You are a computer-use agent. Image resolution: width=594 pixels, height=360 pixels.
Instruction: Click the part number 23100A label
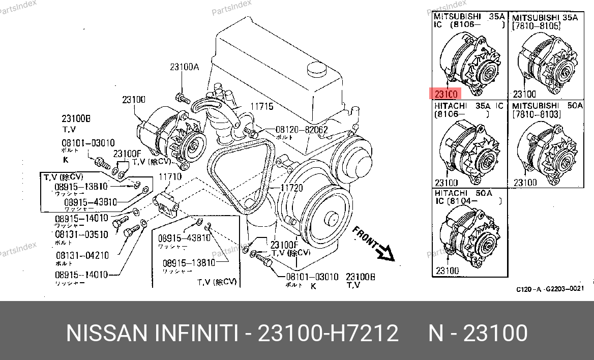(x=184, y=67)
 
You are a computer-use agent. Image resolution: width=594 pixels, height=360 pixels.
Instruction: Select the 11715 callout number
(x=261, y=107)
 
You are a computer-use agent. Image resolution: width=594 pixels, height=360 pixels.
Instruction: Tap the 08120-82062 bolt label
(x=302, y=130)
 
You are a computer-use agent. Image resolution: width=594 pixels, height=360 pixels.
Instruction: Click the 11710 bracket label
(x=170, y=177)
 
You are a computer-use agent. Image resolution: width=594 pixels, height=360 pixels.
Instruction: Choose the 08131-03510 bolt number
(x=81, y=234)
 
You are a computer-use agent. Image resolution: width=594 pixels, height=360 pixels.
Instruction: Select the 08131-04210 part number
(x=81, y=255)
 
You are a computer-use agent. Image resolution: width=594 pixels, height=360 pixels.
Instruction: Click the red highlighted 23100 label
(x=446, y=94)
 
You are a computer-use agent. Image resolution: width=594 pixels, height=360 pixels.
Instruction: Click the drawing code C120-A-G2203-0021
(x=550, y=289)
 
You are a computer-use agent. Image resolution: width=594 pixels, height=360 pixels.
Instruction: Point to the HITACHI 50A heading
(x=463, y=193)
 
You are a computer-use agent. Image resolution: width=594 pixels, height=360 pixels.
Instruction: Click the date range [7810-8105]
(x=536, y=25)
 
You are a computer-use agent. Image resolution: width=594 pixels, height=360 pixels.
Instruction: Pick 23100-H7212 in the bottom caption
(x=328, y=334)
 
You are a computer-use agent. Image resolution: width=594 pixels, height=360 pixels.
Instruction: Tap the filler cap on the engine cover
(x=316, y=69)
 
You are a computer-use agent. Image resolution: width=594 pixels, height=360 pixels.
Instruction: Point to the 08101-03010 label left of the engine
(x=88, y=143)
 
